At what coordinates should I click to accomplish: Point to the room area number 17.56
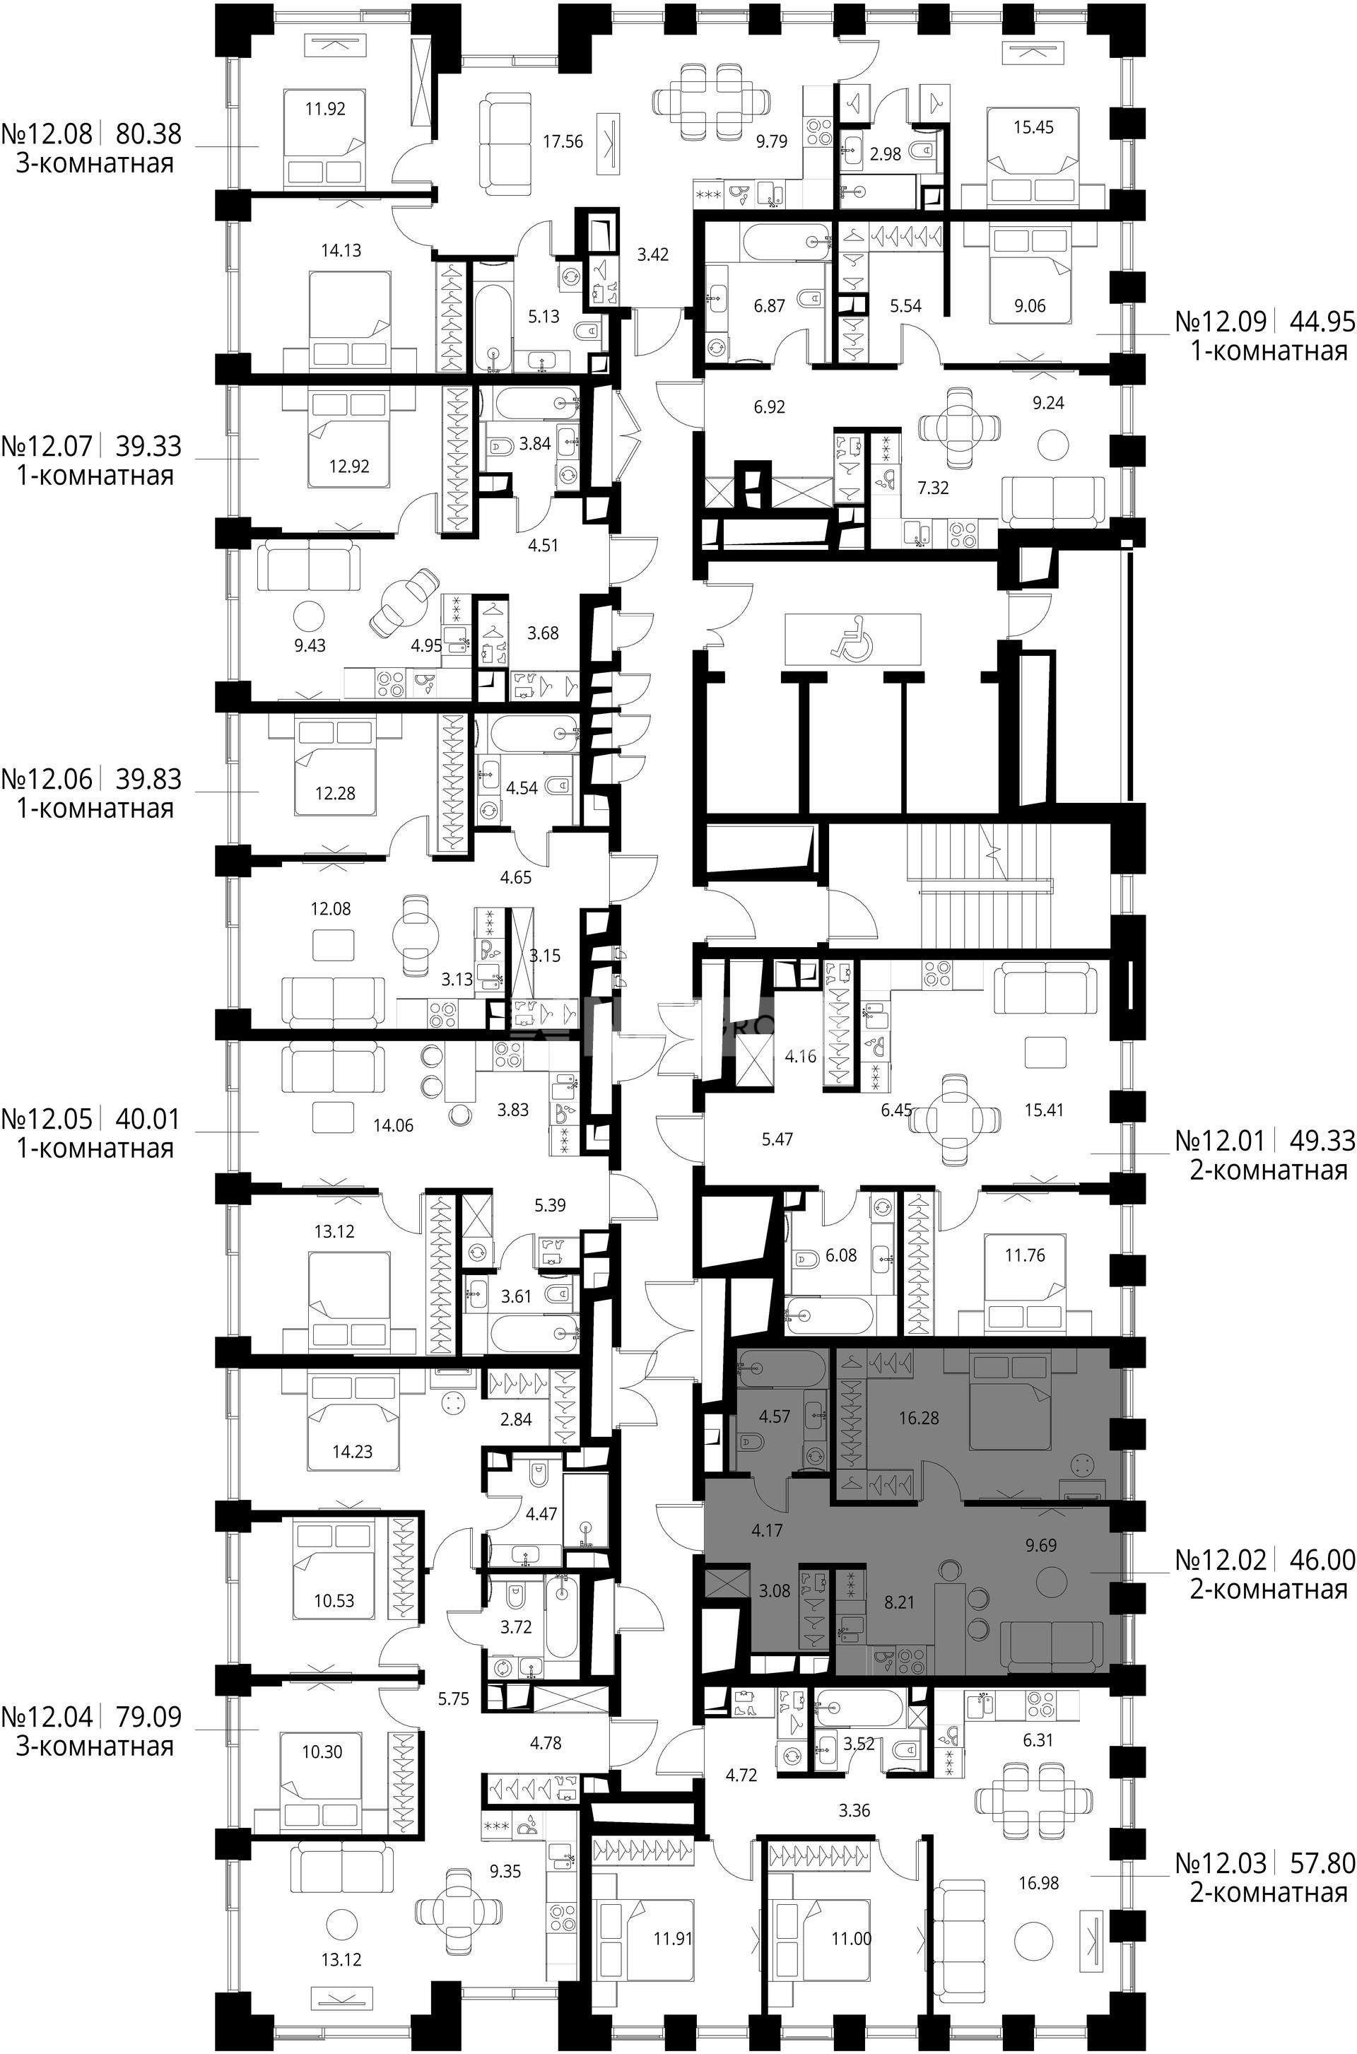point(563,141)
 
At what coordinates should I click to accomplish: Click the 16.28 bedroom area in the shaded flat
point(919,1418)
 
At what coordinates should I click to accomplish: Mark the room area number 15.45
point(1033,127)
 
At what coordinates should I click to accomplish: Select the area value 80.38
point(149,134)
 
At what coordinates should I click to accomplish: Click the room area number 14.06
point(393,1125)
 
